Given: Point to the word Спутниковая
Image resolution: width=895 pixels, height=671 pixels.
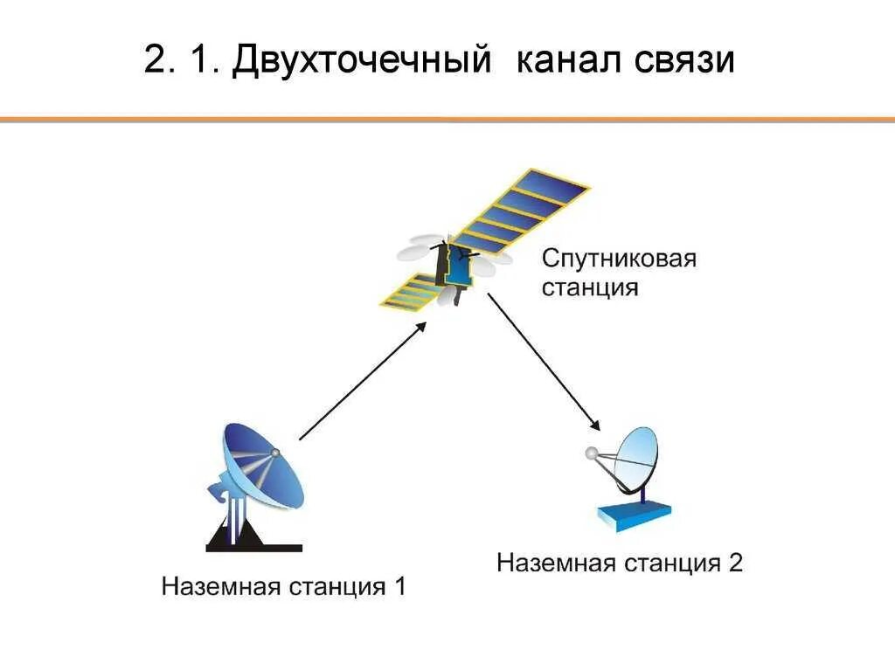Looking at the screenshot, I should point(619,259).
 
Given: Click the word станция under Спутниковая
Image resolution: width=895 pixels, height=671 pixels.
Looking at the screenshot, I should point(590,287).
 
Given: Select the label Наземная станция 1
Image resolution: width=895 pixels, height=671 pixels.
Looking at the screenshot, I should point(283,586).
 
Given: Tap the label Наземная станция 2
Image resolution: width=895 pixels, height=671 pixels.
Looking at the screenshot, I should point(620,563).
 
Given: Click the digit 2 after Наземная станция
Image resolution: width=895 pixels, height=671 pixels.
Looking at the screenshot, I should point(735,563).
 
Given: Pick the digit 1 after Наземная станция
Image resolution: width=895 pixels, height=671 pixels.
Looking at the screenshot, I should point(399,586).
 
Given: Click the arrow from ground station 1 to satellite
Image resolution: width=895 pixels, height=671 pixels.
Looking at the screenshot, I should point(363,380).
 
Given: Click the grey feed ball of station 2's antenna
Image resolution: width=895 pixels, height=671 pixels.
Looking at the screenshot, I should point(590,454).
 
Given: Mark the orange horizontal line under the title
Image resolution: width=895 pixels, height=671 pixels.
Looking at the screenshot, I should point(447,119).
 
